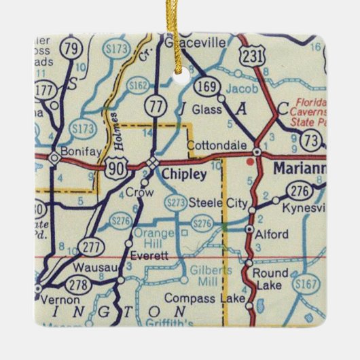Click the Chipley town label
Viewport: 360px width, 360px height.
[x=181, y=175]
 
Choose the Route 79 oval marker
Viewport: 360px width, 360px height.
[x=70, y=48]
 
